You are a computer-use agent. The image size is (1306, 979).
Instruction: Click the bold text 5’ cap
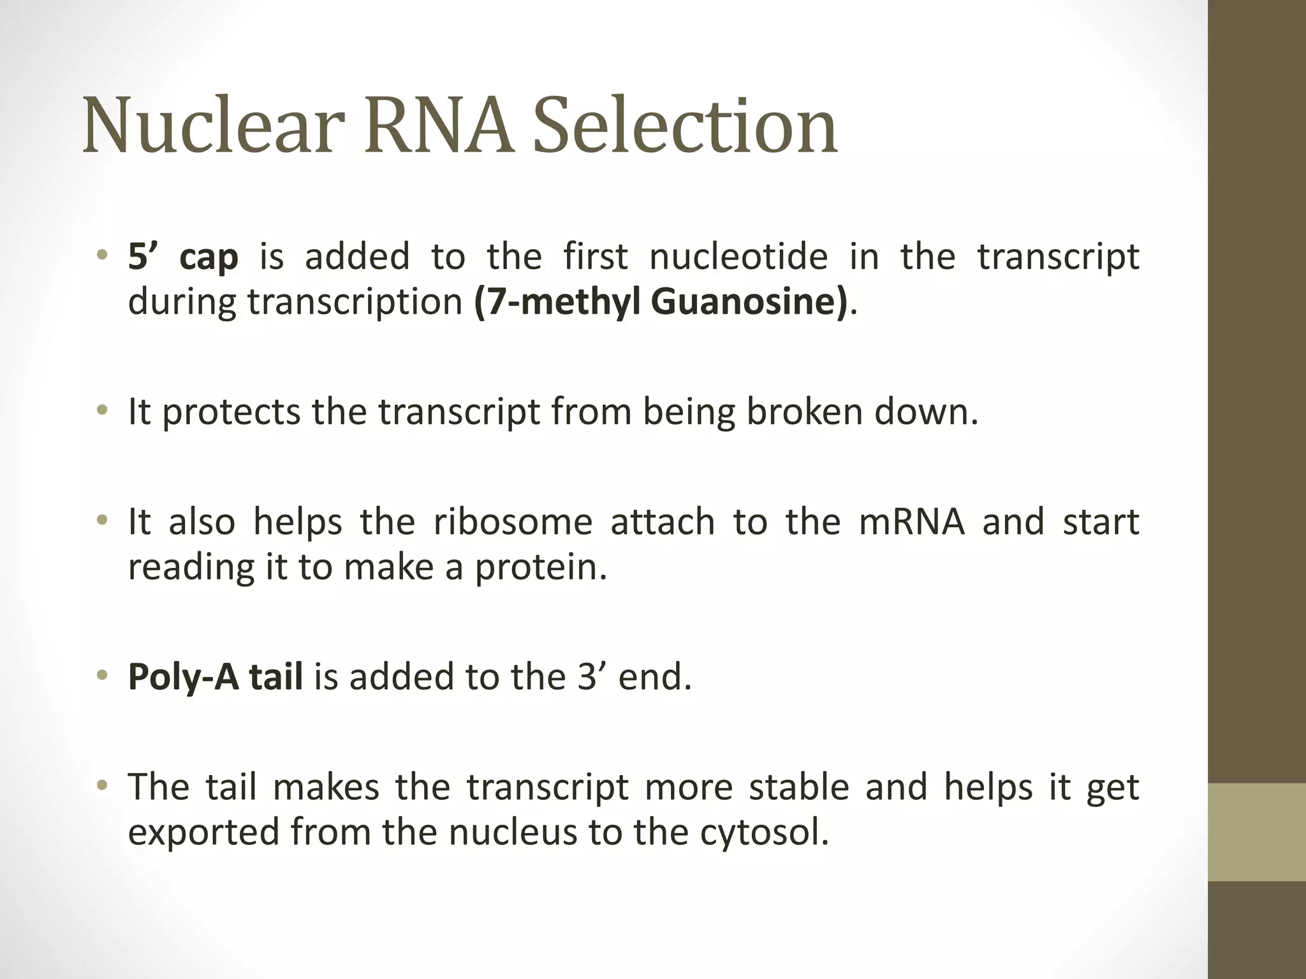(183, 257)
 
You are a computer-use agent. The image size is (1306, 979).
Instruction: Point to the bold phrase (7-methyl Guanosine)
(661, 301)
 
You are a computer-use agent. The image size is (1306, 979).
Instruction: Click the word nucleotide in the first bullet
(738, 256)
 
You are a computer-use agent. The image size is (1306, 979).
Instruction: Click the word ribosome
(513, 521)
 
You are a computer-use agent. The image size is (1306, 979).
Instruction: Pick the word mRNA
(911, 521)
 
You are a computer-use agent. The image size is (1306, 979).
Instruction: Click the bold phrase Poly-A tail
(216, 677)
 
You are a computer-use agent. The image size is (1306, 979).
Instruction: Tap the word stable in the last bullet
(799, 787)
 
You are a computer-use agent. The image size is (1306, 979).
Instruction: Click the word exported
(203, 832)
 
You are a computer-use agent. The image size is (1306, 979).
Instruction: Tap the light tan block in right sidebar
(1257, 832)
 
